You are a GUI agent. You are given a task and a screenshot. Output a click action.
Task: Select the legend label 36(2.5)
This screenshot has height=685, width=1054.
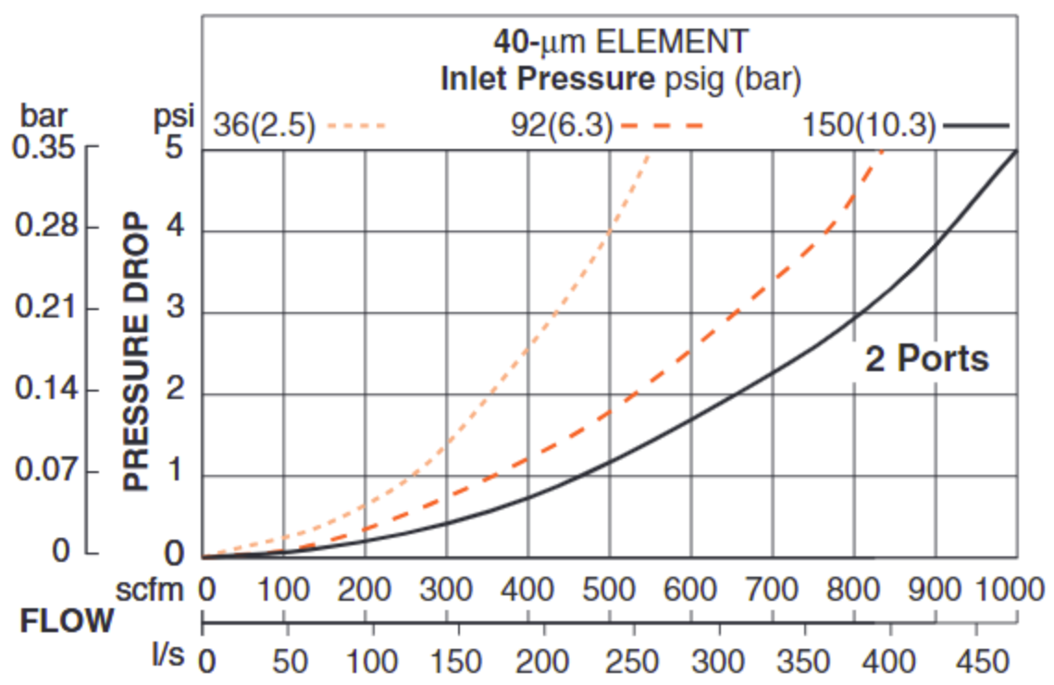tap(264, 125)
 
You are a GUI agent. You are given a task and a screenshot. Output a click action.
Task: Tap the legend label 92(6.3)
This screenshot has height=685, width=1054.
tap(562, 125)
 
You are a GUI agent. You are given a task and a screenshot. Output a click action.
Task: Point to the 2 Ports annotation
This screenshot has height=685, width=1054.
tap(926, 358)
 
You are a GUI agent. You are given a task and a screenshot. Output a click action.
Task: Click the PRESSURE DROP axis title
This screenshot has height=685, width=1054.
tap(137, 352)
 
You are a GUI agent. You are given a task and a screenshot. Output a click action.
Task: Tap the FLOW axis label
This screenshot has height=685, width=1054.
tap(68, 621)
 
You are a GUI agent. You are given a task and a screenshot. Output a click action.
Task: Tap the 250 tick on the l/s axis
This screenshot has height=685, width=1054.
tap(633, 661)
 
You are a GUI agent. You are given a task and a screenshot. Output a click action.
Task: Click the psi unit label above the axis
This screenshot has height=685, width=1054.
tap(175, 118)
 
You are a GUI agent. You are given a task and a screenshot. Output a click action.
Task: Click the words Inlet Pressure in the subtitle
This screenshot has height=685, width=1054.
tap(547, 80)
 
